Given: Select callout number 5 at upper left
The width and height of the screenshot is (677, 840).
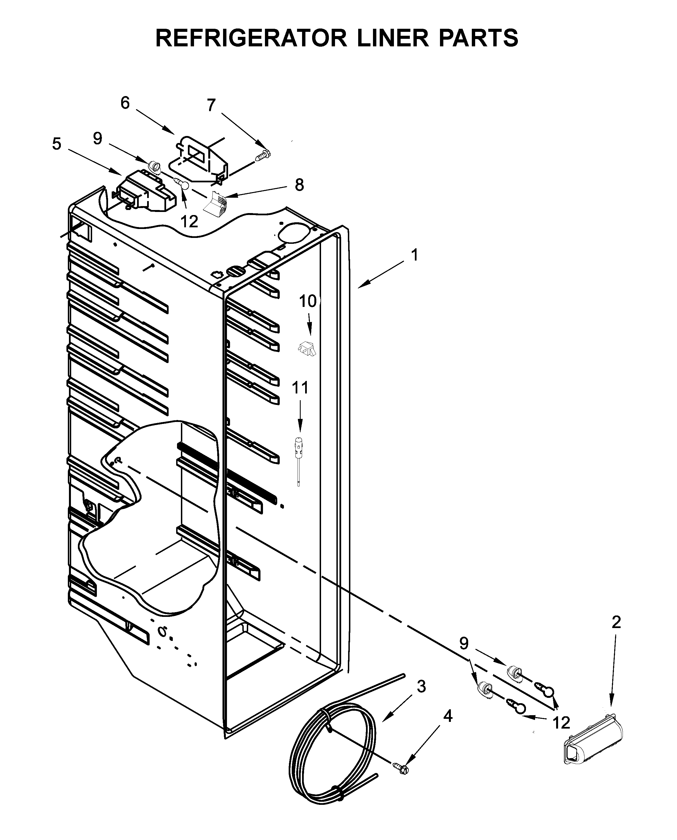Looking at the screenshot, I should coord(57,144).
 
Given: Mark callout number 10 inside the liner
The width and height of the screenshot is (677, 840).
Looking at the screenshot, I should coord(308,301).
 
